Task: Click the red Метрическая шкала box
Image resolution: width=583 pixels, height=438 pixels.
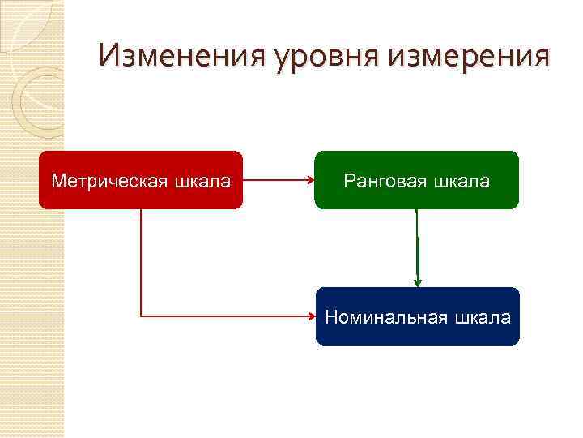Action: [141, 180]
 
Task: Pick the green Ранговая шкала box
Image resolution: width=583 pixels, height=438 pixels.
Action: [416, 180]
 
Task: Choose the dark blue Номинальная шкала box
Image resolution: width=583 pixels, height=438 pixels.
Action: [417, 316]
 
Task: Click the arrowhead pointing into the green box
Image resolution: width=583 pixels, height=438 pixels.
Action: [310, 180]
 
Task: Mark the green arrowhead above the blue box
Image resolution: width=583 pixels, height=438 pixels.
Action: [417, 282]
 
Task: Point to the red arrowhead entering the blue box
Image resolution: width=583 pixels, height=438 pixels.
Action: [311, 316]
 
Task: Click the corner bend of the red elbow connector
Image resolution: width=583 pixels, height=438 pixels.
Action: [142, 316]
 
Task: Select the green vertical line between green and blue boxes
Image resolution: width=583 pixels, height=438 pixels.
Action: [417, 243]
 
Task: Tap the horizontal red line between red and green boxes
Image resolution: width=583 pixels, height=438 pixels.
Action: [275, 180]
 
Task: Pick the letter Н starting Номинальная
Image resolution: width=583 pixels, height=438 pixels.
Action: [331, 317]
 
